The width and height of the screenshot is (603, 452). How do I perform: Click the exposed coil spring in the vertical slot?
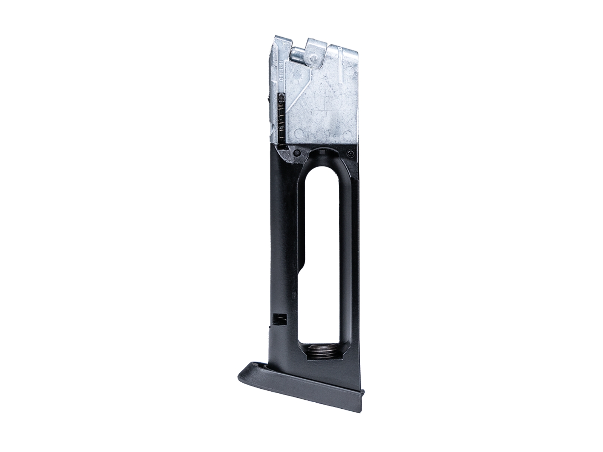282,121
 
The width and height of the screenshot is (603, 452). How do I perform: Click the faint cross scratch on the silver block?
325,113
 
